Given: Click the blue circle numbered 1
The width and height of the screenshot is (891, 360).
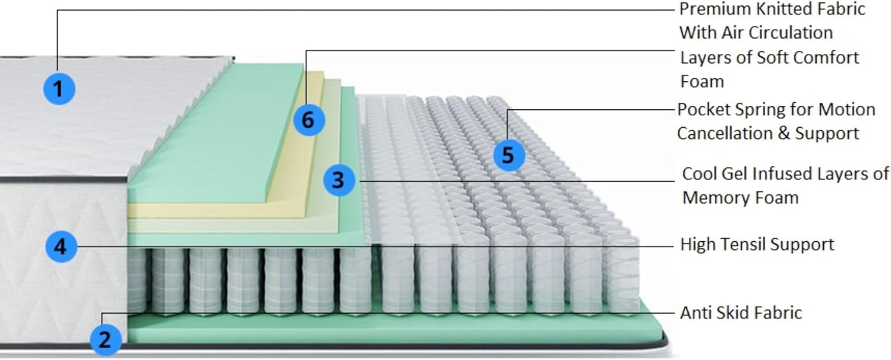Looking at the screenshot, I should (x=59, y=89).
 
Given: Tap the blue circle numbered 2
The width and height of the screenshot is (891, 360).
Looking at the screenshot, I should (x=105, y=340).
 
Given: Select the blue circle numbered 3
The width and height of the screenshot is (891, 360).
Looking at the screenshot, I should (x=339, y=179).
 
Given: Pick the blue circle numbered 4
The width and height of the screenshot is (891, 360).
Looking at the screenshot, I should (x=61, y=246).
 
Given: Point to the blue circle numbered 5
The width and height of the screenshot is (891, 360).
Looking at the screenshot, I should (x=508, y=155).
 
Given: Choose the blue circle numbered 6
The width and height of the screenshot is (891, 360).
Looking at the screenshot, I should (x=308, y=119).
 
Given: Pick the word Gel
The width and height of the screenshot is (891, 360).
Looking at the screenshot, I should (x=735, y=174).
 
